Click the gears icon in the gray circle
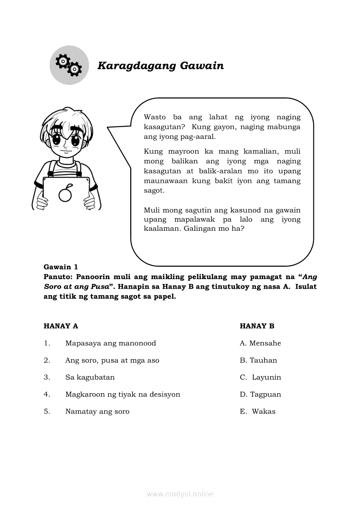pyautogui.click(x=69, y=65)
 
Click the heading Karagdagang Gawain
pyautogui.click(x=160, y=66)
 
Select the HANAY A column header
pyautogui.click(x=61, y=326)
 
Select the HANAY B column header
pyautogui.click(x=257, y=326)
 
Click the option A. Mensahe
pyautogui.click(x=260, y=343)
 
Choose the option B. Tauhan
pyautogui.click(x=258, y=360)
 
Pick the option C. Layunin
pyautogui.click(x=260, y=377)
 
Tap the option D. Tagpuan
pyautogui.click(x=260, y=394)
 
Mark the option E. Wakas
pyautogui.click(x=258, y=411)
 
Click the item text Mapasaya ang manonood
pyautogui.click(x=110, y=343)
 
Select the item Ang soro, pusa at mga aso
pyautogui.click(x=112, y=360)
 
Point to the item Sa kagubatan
pyautogui.click(x=90, y=377)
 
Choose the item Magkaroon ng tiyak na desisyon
pyautogui.click(x=122, y=394)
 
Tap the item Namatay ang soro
pyautogui.click(x=97, y=411)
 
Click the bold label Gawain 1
pyautogui.click(x=61, y=267)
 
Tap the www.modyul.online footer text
pyautogui.click(x=180, y=494)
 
